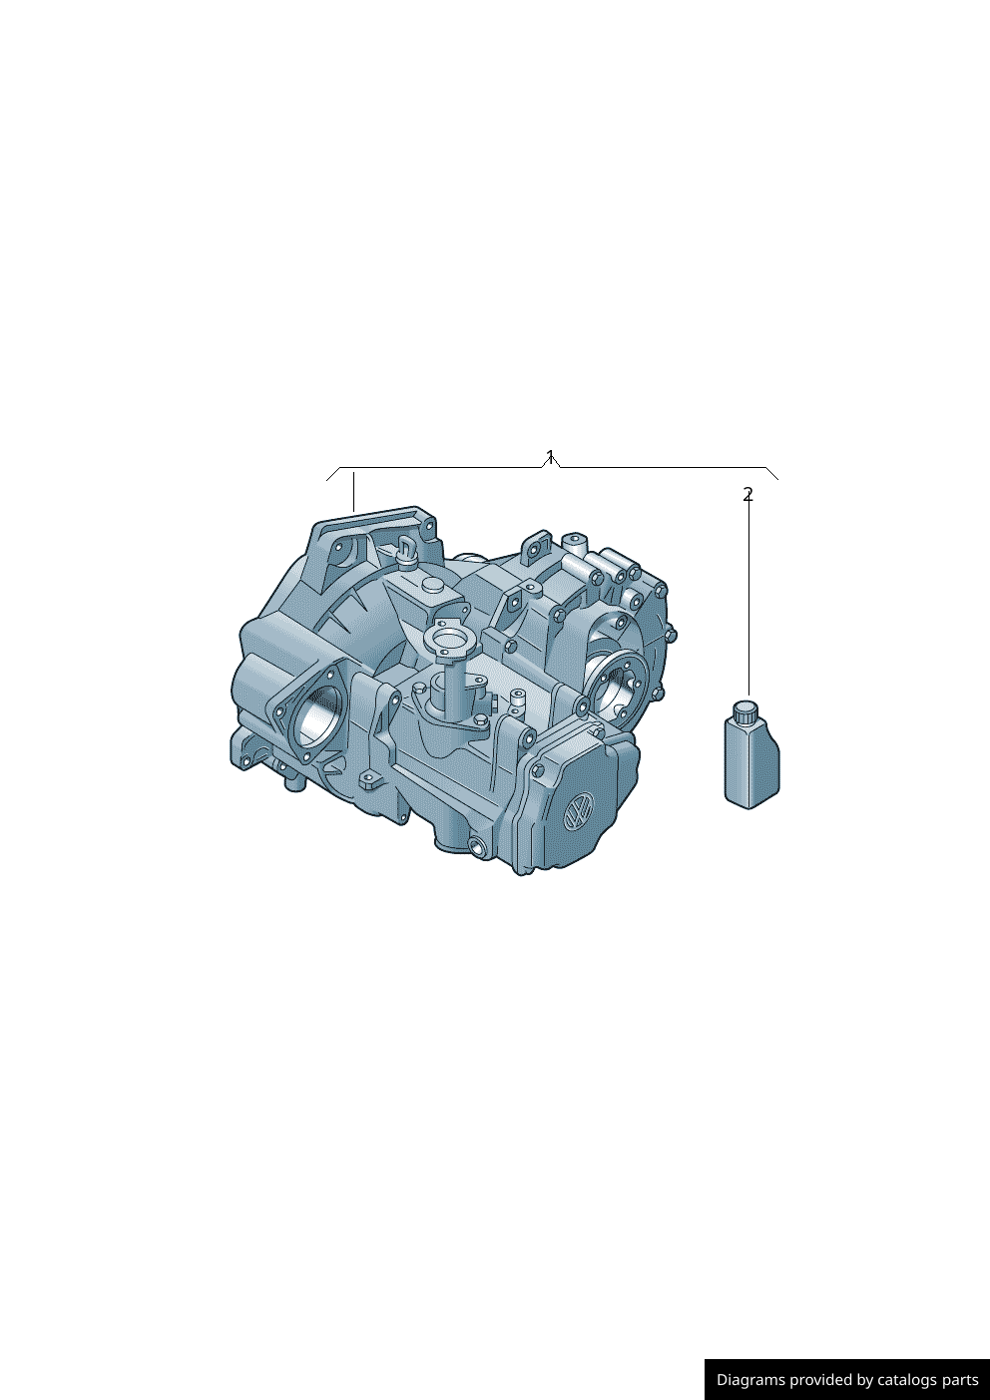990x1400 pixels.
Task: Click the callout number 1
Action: pos(550,457)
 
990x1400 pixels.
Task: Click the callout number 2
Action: pos(748,495)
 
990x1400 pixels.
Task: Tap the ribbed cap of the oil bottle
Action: pos(745,710)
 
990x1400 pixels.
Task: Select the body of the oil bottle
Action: pos(751,762)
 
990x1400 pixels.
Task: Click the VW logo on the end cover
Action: pos(578,812)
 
